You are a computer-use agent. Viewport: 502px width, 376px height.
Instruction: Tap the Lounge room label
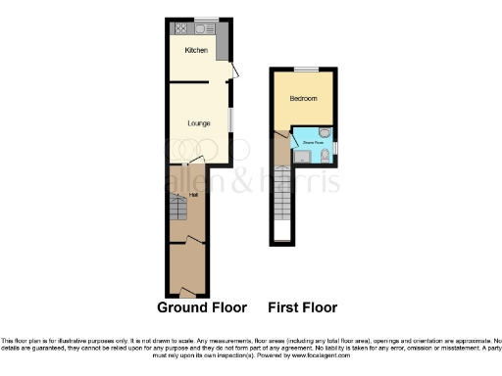pos(199,122)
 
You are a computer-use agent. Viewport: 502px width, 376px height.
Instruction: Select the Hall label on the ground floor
pos(181,193)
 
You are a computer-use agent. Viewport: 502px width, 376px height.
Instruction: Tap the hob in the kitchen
pos(182,28)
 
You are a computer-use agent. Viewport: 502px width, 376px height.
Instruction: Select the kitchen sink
pos(210,28)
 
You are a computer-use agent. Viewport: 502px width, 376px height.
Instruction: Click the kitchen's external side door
pos(232,71)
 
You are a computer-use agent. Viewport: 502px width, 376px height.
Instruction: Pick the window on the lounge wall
pos(231,118)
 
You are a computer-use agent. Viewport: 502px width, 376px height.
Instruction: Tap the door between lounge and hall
pos(195,161)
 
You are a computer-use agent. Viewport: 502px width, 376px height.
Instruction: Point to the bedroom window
pos(306,69)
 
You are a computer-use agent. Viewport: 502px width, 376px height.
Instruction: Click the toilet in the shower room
pos(325,152)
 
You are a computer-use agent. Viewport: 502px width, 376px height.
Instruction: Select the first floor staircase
pos(282,201)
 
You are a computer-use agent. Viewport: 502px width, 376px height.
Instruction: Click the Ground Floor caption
pos(202,306)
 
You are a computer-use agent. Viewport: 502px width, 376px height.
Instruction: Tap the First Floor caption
pos(303,306)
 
